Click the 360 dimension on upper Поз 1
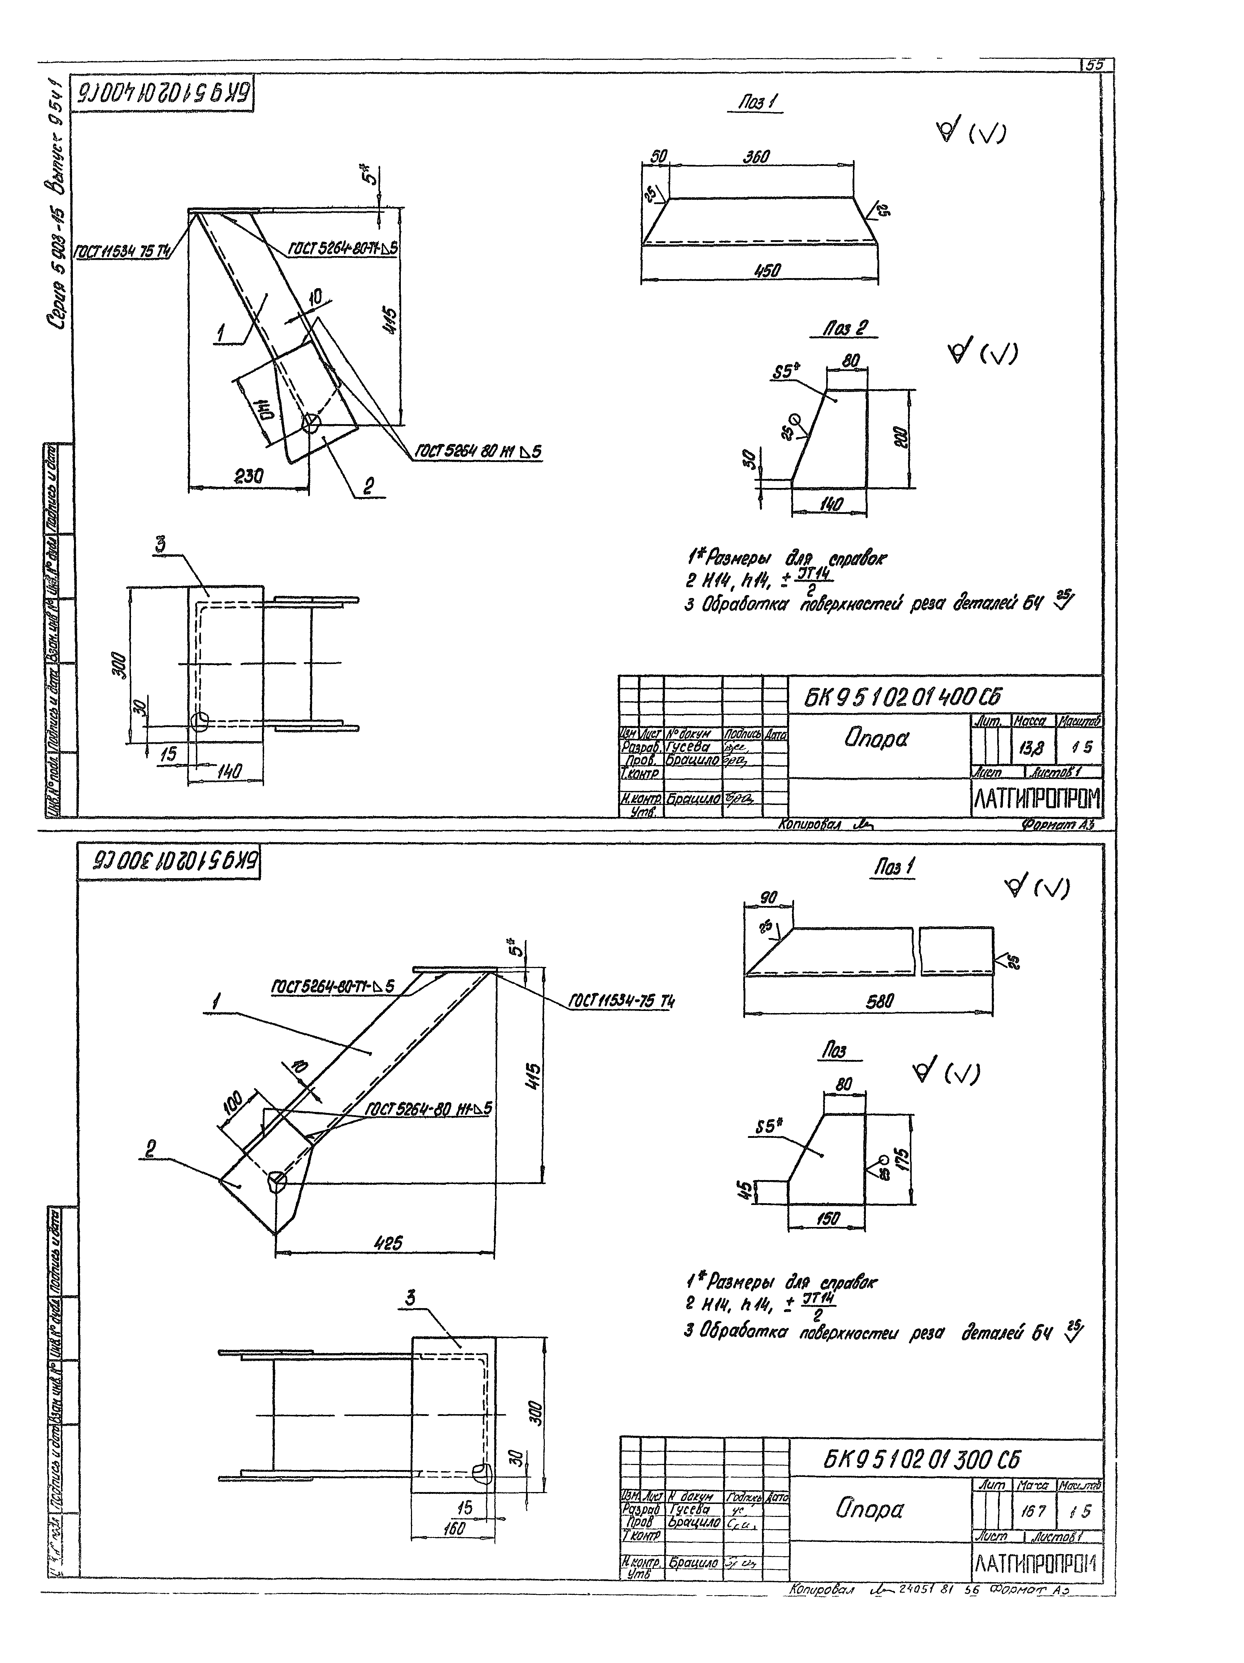(756, 157)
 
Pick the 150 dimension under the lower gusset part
(827, 1219)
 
